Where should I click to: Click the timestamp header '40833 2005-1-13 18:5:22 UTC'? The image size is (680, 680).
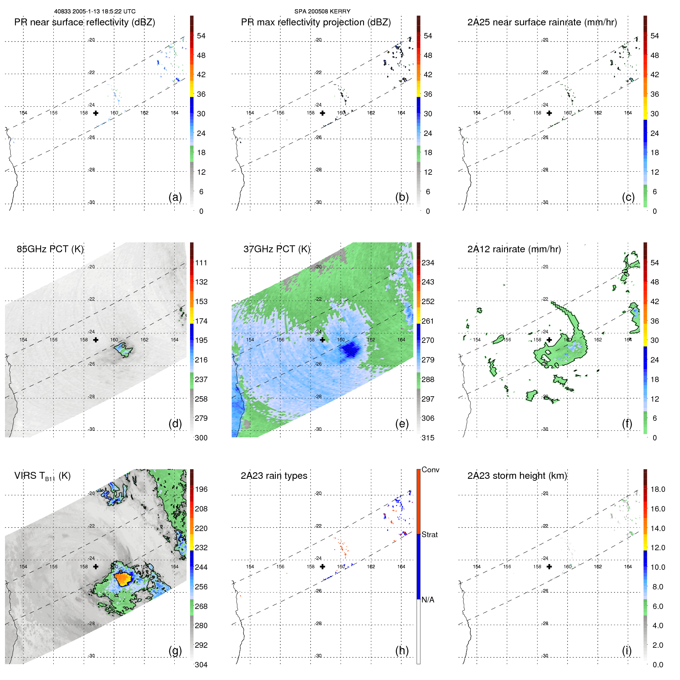pos(94,12)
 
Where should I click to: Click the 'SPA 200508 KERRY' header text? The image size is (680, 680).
pos(322,12)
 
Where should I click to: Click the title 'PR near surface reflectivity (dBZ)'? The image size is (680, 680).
pos(84,22)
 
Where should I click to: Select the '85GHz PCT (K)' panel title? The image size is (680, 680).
pos(50,249)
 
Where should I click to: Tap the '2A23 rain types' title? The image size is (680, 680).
pos(274,476)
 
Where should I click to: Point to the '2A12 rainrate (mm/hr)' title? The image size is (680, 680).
pos(514,249)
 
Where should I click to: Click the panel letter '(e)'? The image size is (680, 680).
pos(402,424)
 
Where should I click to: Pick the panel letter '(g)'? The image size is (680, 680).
pos(175,650)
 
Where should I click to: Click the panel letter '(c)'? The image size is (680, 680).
pos(628,197)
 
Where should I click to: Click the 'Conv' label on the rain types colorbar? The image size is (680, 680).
pos(430,470)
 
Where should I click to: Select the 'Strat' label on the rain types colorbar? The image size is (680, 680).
pos(429,534)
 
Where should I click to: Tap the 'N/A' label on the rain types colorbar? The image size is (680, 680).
pos(428,600)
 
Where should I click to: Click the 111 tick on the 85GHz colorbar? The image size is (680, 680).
pos(201,263)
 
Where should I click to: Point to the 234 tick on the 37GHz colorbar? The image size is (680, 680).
pos(428,263)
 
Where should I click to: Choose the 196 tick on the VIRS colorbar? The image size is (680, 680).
pos(201,489)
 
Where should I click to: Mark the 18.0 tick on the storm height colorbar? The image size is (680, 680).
pos(657,489)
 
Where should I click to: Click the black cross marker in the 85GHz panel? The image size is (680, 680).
pos(96,340)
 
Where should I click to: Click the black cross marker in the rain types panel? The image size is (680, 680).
pos(323,566)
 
